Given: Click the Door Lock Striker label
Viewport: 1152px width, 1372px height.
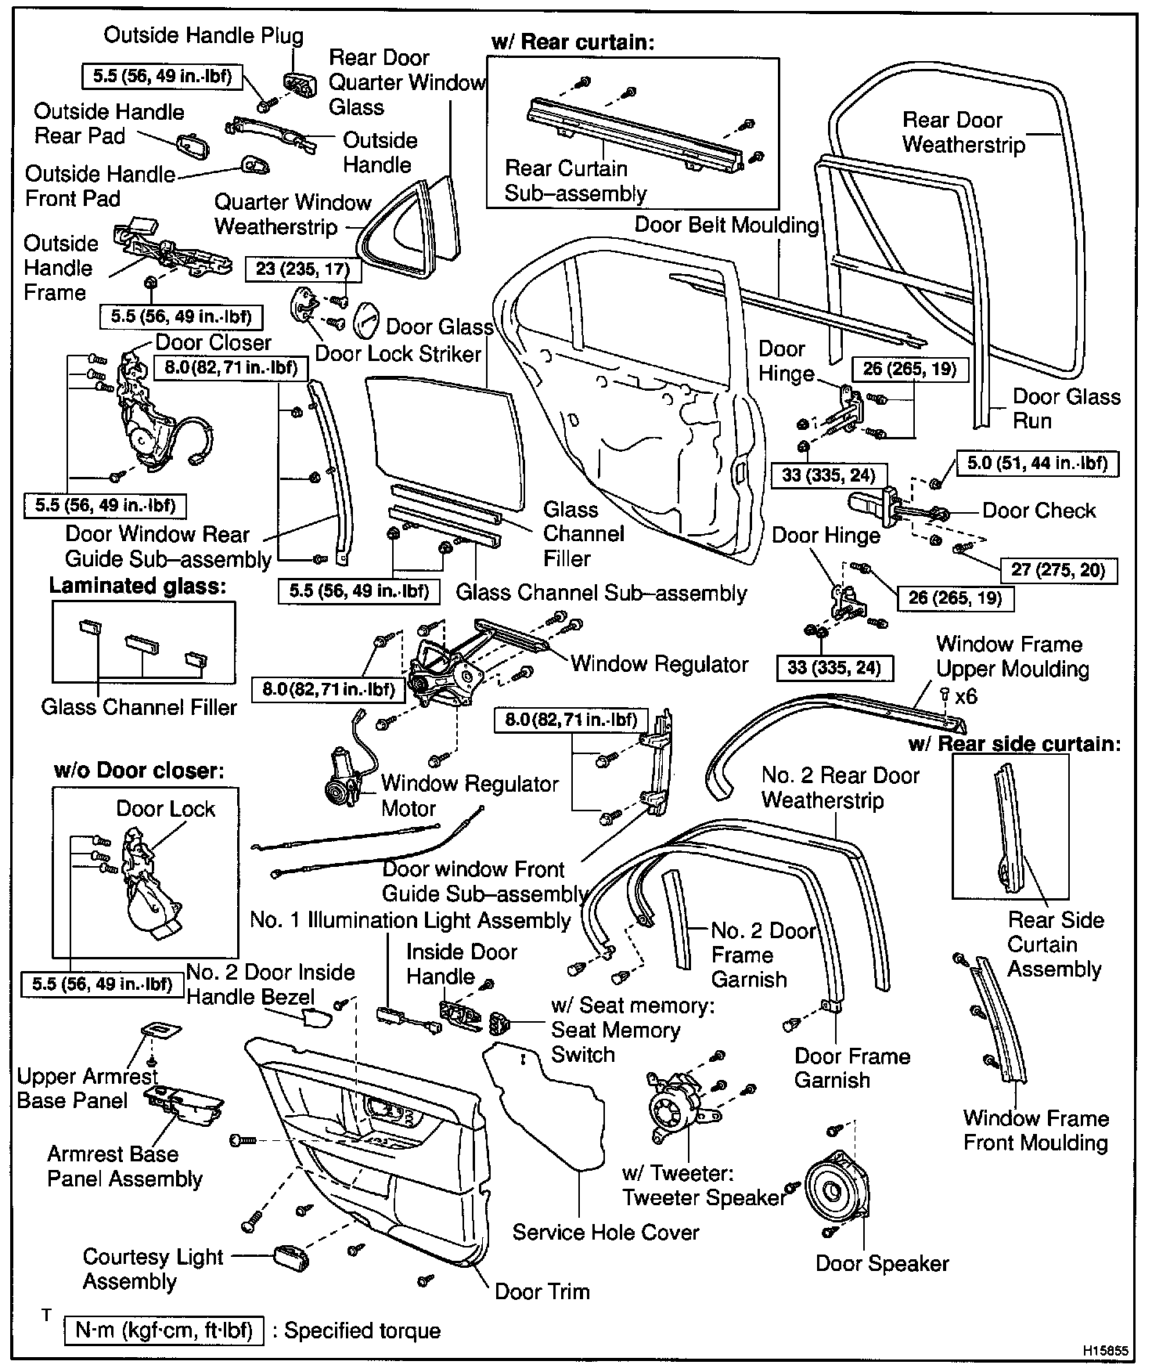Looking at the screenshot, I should coord(398,354).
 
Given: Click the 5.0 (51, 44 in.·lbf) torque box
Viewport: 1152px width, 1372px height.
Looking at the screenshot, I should coord(1037,464).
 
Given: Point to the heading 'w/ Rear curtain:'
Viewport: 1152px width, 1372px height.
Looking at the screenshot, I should coord(573,42).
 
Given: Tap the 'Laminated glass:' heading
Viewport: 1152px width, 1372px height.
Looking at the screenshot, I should coord(138,586).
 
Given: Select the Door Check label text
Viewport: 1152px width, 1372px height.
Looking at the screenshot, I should coord(1039,511).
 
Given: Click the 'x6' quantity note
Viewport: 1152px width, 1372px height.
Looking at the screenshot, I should coord(966,696).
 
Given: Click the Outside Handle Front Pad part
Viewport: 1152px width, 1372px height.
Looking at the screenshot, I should coord(256,164).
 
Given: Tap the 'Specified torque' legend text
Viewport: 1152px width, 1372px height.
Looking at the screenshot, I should coord(362,1330).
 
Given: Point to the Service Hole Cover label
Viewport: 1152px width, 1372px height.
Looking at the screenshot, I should coord(606,1232).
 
